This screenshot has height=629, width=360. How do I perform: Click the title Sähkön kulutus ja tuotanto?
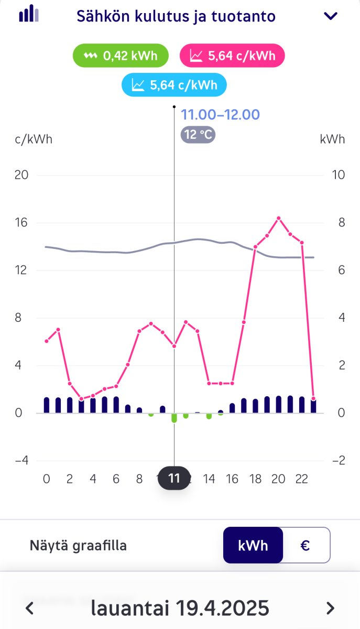(176, 16)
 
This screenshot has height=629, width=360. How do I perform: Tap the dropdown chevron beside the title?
(331, 16)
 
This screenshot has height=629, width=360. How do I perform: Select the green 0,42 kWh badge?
(121, 56)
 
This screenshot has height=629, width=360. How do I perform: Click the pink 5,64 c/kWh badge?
(232, 56)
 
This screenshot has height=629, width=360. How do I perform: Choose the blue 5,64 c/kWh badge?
(174, 85)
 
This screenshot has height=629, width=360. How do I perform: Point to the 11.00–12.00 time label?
(220, 115)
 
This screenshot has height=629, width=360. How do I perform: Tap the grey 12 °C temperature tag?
(198, 135)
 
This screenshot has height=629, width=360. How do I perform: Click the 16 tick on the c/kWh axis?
(21, 223)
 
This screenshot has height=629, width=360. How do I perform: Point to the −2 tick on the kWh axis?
(339, 461)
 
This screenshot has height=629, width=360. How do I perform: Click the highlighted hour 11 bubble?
(174, 478)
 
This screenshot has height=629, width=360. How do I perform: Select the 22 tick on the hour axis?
(301, 479)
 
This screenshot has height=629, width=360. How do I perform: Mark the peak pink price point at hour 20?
(279, 218)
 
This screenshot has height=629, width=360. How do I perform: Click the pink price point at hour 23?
(313, 399)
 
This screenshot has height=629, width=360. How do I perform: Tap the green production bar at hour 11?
(174, 417)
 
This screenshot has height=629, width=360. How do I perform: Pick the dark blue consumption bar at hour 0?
(47, 405)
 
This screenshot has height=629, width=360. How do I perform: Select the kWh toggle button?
(253, 545)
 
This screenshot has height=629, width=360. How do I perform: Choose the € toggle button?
(306, 545)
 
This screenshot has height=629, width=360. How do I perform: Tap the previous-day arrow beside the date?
(30, 608)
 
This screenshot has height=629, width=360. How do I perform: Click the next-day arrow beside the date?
(330, 608)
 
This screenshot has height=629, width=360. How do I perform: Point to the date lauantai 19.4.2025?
(180, 608)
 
